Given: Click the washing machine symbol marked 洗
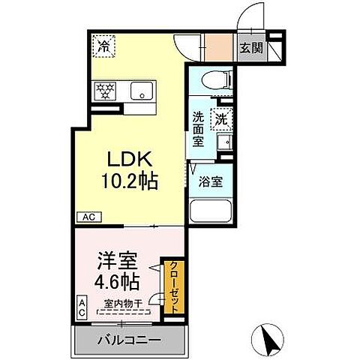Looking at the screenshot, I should pos(221,118).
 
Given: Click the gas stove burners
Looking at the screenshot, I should pos(104,91).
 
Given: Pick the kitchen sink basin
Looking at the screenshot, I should pos(140,91).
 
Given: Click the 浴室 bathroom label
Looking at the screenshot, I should pos(208,180).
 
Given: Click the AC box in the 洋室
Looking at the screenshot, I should pos(81,307).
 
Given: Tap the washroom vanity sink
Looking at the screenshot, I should pos(223,142).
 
